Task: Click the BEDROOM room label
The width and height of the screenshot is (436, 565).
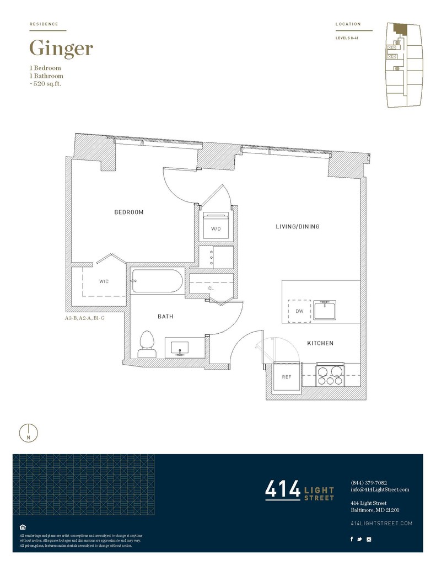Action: (x=129, y=212)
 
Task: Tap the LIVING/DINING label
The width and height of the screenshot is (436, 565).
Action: (x=298, y=226)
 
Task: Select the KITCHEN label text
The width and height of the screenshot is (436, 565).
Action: (x=320, y=343)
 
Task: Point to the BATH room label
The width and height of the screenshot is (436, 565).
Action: (x=165, y=316)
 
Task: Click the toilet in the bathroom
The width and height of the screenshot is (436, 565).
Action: (x=147, y=344)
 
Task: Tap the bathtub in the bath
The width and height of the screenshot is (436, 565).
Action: (x=157, y=281)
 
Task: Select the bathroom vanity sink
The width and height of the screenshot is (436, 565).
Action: (x=180, y=349)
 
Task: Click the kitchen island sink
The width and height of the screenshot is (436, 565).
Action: (x=325, y=310)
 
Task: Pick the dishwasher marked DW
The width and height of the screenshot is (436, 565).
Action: (x=299, y=311)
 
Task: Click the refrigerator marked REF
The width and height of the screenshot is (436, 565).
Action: (x=287, y=376)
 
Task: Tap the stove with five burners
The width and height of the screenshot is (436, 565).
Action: (x=330, y=375)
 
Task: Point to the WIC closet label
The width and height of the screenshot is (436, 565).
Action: (x=104, y=281)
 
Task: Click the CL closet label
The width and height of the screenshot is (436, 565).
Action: (x=211, y=289)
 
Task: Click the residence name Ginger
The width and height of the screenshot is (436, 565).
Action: (x=61, y=49)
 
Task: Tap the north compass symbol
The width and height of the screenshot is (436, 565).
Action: (x=29, y=433)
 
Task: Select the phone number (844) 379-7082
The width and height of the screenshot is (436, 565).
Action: (x=369, y=482)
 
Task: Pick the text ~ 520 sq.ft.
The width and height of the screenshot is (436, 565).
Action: (x=45, y=84)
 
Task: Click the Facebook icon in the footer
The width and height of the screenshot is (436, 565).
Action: (x=352, y=539)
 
